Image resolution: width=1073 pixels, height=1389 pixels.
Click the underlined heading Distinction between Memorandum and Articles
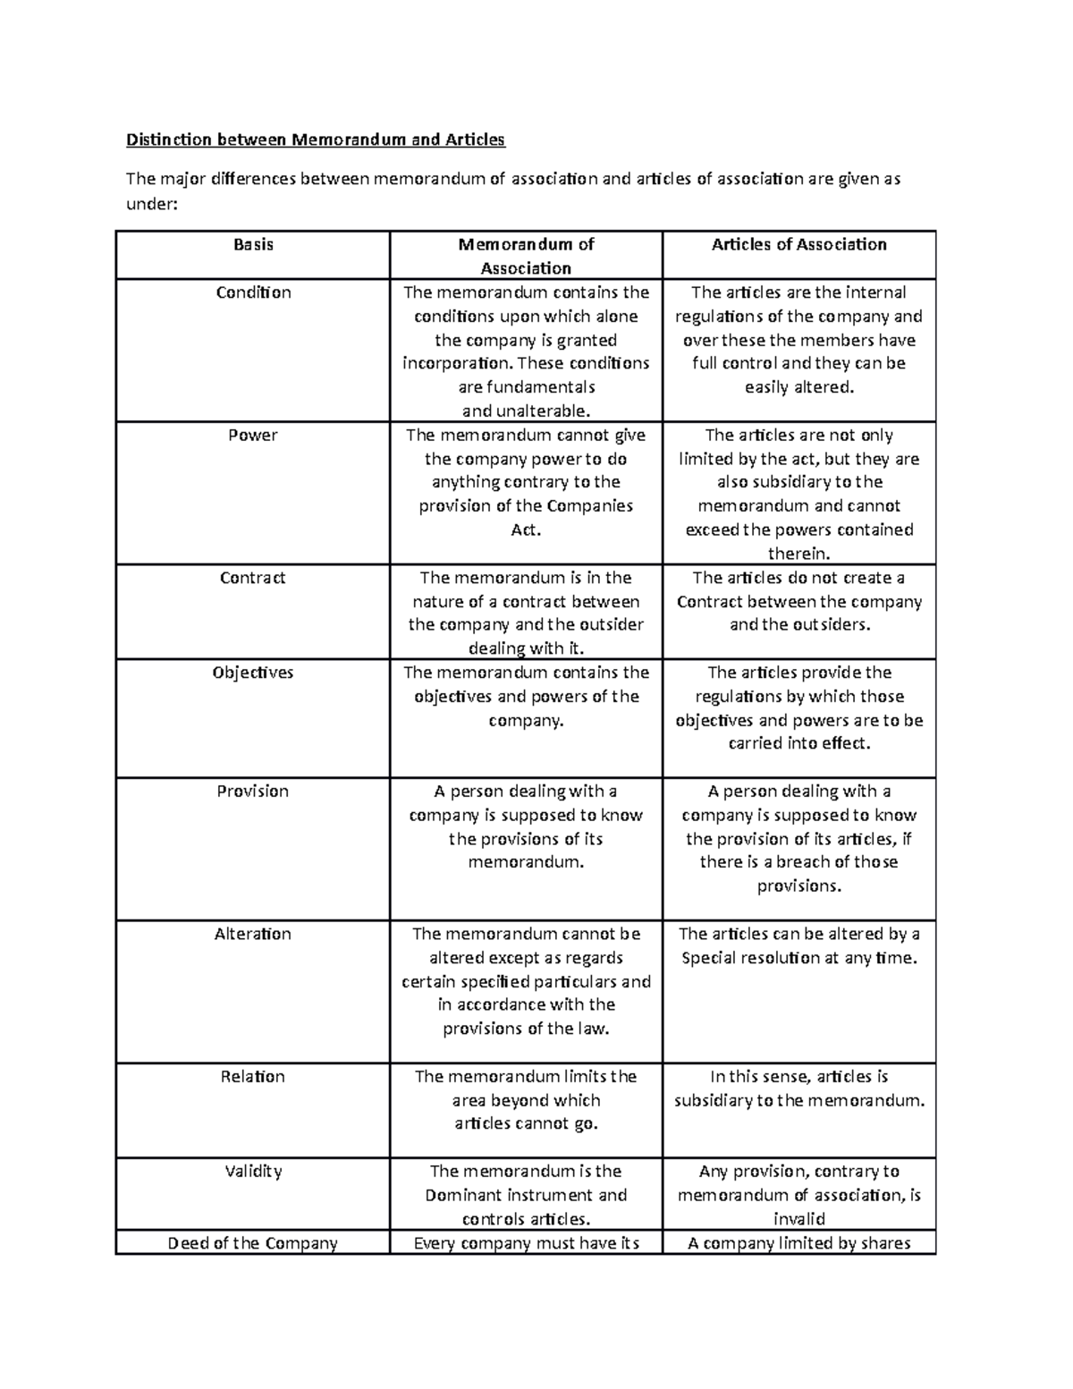click(316, 140)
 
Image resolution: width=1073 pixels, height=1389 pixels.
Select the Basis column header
click(253, 245)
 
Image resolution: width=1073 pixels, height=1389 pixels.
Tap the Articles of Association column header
click(798, 245)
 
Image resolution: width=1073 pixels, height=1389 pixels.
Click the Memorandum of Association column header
click(526, 256)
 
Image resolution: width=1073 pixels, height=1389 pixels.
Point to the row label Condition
click(253, 292)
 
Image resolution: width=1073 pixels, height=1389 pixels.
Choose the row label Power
click(253, 436)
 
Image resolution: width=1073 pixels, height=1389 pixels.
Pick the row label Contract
click(253, 578)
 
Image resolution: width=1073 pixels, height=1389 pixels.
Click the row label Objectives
click(253, 673)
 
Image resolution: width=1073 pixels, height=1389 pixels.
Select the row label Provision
click(253, 792)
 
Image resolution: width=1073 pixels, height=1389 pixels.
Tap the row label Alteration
click(253, 934)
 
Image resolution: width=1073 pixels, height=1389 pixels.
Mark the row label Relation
click(253, 1077)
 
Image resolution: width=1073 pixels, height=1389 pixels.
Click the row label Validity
click(253, 1172)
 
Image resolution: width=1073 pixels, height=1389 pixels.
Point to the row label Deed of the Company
click(253, 1243)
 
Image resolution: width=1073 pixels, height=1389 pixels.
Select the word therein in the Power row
click(798, 554)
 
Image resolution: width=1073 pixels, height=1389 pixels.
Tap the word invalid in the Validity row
click(798, 1219)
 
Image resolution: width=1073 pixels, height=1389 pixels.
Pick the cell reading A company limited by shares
click(798, 1243)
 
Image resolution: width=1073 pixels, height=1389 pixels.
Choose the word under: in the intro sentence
click(152, 204)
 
